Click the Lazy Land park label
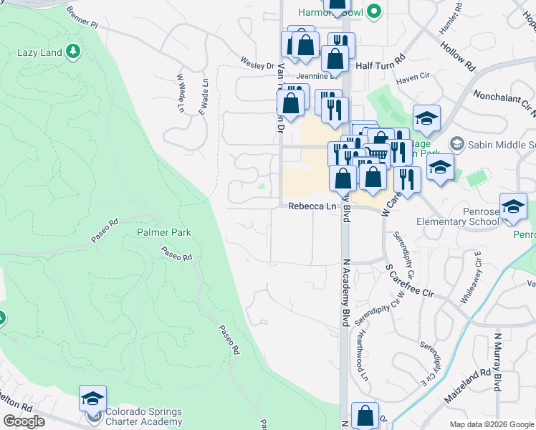pyautogui.click(x=39, y=52)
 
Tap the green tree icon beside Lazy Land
pyautogui.click(x=72, y=52)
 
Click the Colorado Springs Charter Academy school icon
pyautogui.click(x=92, y=398)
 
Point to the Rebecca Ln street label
pyautogui.click(x=312, y=206)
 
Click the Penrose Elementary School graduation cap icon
pyautogui.click(x=513, y=206)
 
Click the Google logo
pyautogui.click(x=24, y=421)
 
